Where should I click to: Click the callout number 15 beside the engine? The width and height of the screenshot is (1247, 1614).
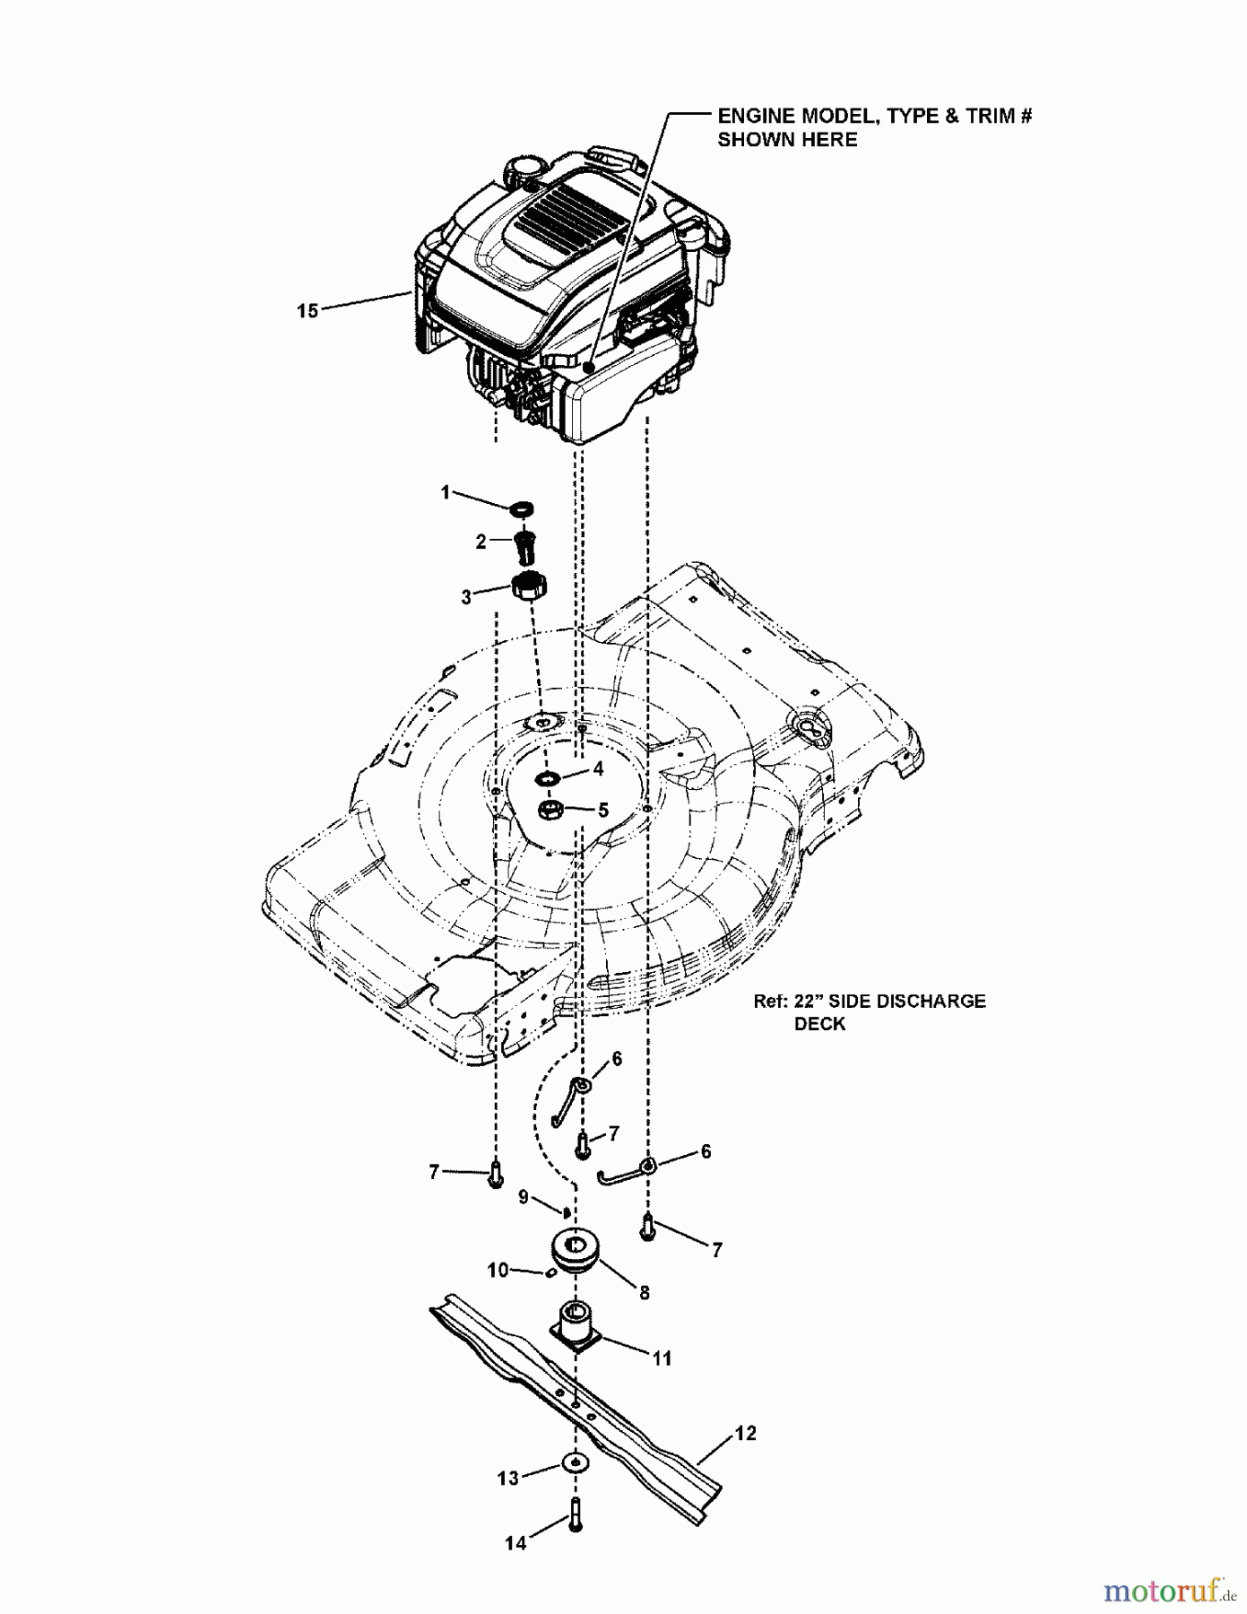tap(307, 311)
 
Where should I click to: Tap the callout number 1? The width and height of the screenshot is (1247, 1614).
tap(446, 492)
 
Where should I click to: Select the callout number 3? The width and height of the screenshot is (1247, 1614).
tap(466, 597)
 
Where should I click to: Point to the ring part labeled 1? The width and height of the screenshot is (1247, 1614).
tap(521, 509)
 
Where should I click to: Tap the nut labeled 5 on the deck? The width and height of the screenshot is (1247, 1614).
tap(550, 810)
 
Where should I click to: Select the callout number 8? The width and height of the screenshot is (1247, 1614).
tap(645, 1293)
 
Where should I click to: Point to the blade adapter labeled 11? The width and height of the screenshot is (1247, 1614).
tap(577, 1328)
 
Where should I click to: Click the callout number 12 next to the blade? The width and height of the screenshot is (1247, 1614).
tap(746, 1434)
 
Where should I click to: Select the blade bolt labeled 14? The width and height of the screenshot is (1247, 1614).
tap(576, 1514)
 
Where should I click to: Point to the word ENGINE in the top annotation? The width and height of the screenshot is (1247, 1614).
tap(755, 116)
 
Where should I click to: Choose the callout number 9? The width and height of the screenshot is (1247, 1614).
tap(524, 1197)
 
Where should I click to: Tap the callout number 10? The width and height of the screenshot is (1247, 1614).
tap(498, 1271)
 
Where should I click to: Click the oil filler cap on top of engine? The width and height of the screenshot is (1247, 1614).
tap(524, 168)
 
